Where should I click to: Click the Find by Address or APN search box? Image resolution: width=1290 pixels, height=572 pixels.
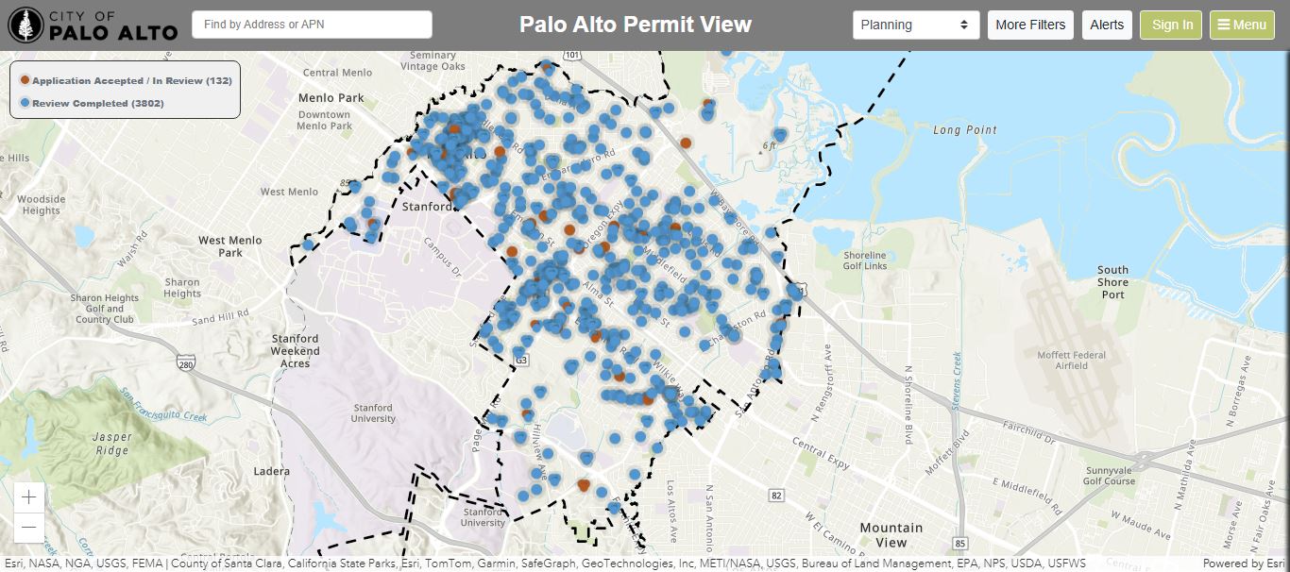coord(312,25)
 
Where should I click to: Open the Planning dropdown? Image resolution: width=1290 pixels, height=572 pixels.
coord(915,25)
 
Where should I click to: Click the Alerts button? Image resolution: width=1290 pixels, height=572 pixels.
coord(1107,25)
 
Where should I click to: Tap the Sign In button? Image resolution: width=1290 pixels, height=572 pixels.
coord(1172,25)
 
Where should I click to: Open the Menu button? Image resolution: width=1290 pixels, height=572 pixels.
coord(1242,25)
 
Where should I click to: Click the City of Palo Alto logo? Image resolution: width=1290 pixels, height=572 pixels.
coord(93,25)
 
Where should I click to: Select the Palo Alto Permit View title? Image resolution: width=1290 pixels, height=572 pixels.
coord(636,25)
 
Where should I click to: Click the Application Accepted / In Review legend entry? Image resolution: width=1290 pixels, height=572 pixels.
coord(127,81)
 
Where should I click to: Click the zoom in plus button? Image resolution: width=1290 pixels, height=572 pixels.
coord(29,497)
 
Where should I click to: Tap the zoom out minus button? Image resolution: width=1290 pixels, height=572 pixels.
coord(29,527)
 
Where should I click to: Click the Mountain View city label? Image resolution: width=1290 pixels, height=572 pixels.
coord(891,535)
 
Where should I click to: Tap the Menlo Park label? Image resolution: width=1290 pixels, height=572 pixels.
coord(331,98)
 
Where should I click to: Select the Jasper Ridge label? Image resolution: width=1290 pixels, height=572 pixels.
coord(112,444)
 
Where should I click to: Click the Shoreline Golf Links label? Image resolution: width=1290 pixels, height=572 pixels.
coord(864,261)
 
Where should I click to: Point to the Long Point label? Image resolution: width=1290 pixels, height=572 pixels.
coord(965,130)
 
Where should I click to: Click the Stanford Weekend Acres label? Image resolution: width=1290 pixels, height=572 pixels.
coord(295,350)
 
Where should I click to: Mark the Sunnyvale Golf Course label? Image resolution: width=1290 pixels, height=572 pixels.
coord(1109,475)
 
